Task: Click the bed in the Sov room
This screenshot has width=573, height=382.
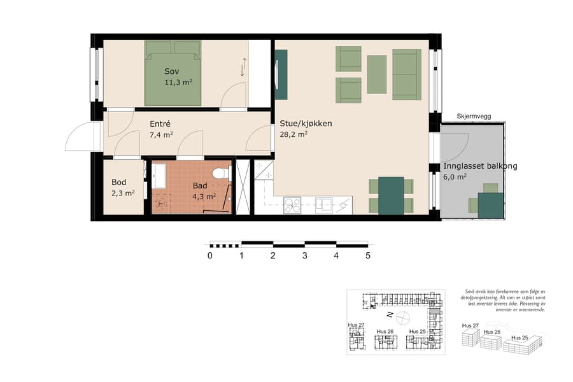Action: (173, 73)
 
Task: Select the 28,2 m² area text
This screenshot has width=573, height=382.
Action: (294, 134)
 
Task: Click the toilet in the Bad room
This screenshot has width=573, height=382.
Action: (220, 173)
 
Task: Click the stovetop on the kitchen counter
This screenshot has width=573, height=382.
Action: (292, 204)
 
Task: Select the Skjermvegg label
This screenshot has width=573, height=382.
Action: (473, 117)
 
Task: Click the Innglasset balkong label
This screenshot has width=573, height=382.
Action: (480, 166)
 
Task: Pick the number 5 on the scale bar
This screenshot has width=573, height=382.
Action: (367, 256)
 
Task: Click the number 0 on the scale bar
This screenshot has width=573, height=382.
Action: (209, 256)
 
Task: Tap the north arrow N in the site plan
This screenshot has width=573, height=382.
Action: (389, 316)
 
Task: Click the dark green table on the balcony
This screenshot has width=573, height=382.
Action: (492, 205)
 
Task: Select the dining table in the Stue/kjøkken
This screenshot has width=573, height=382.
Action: (391, 195)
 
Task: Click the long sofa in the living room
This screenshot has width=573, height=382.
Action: (406, 74)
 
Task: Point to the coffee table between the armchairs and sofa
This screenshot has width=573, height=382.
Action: (377, 74)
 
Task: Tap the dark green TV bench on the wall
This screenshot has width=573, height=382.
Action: (281, 74)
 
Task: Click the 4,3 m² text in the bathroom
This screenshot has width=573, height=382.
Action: (204, 196)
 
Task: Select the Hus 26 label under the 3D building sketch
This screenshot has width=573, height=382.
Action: (493, 332)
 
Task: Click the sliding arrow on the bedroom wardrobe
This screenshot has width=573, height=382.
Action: (243, 67)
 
